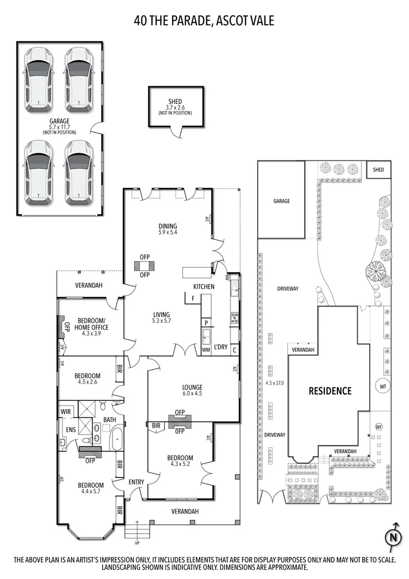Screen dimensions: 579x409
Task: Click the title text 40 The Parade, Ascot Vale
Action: (204, 21)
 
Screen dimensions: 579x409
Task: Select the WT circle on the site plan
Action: (383, 386)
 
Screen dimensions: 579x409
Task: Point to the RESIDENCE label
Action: (330, 391)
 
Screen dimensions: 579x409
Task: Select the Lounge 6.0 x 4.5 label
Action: (192, 391)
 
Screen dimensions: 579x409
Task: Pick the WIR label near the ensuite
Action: (66, 411)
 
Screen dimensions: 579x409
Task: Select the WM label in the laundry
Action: (206, 349)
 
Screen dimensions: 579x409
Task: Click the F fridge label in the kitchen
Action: (193, 298)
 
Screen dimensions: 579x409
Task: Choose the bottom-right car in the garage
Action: (78, 172)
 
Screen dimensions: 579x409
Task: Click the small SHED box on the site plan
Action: (378, 170)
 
